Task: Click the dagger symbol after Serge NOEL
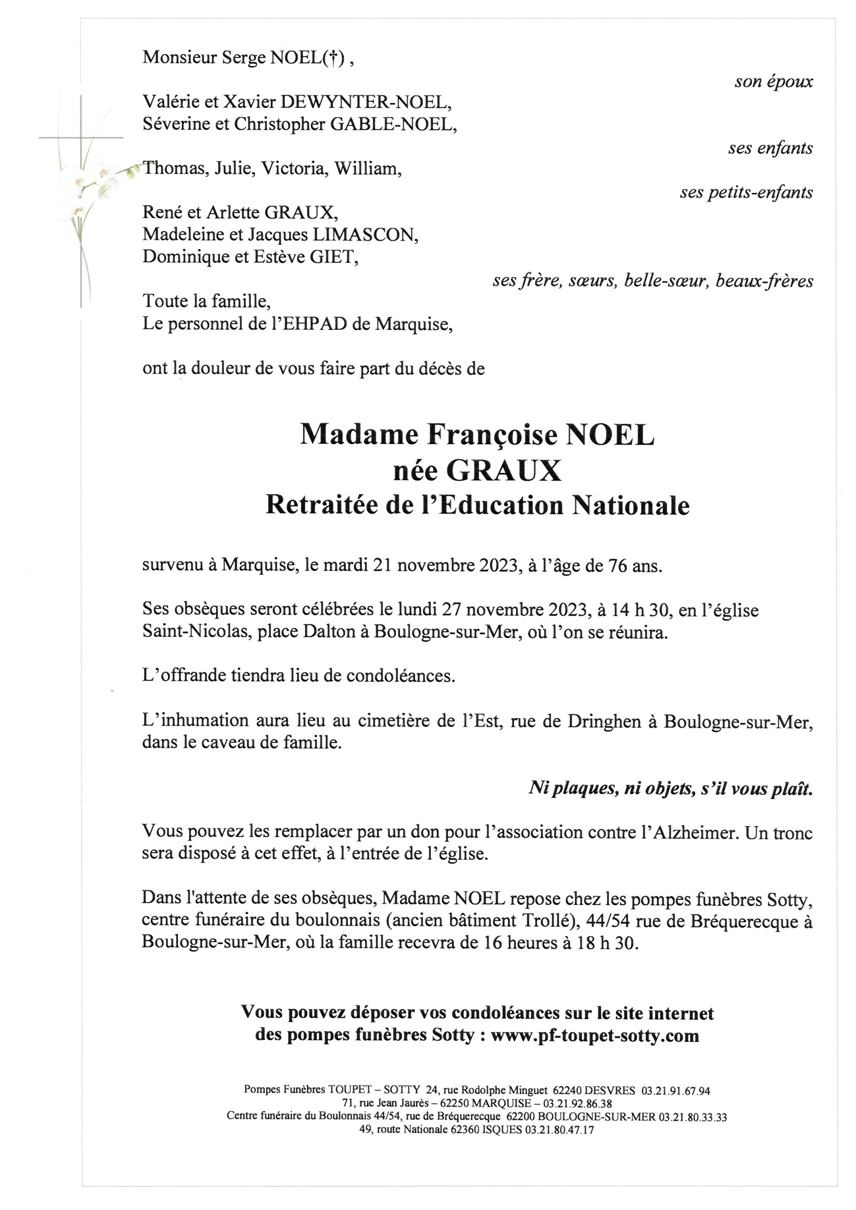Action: tap(332, 58)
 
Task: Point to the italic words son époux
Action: tap(773, 82)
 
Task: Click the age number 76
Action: tap(618, 566)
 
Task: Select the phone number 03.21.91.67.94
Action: tap(675, 1090)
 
